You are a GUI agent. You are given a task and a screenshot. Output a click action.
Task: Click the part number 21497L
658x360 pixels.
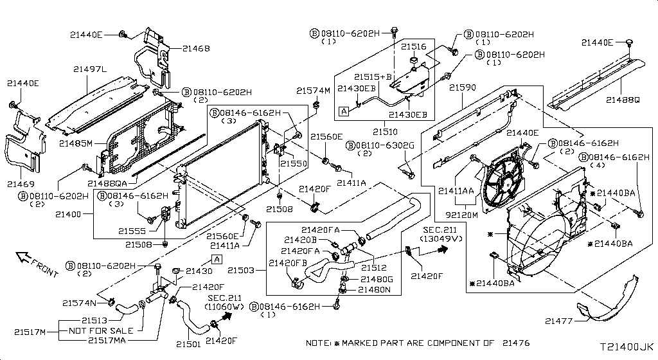(x=90, y=69)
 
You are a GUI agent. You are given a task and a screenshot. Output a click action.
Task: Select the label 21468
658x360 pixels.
(x=195, y=48)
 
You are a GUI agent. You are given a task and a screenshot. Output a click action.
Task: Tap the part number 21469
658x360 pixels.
(x=22, y=184)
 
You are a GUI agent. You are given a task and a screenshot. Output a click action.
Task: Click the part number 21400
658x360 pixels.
(x=69, y=213)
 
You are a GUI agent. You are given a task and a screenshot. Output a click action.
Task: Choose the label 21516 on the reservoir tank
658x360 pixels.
(x=414, y=47)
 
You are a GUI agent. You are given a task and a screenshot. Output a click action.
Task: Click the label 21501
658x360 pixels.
(x=188, y=344)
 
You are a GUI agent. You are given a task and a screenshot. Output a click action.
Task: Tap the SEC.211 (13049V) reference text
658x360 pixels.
(x=442, y=233)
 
